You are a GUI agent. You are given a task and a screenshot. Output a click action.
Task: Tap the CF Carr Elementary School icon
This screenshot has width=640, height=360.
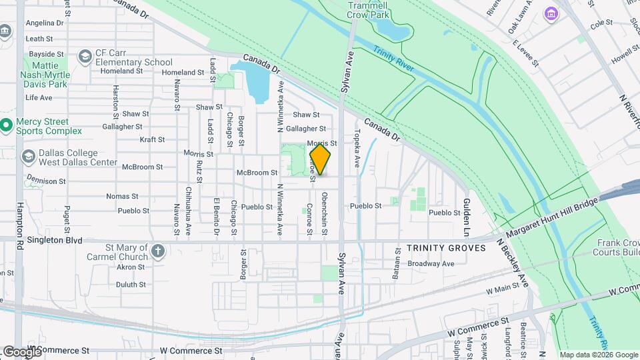[85, 57]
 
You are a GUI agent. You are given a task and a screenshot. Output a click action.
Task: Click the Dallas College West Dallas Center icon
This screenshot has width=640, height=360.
[28, 157]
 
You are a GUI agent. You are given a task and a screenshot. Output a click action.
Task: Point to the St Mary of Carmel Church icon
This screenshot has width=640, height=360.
[157, 251]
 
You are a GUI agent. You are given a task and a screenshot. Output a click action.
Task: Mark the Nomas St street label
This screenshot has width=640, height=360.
[122, 197]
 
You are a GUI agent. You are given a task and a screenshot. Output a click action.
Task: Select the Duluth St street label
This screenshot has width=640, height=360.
[131, 285]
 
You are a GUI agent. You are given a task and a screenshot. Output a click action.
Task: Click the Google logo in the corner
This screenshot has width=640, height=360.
[21, 351]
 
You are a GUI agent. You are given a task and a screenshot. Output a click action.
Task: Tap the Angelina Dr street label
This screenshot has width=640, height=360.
[44, 22]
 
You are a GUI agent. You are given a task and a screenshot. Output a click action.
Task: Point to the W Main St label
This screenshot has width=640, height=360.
[503, 290]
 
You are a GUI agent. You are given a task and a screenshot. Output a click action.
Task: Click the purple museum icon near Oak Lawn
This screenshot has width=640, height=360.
[551, 13]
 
